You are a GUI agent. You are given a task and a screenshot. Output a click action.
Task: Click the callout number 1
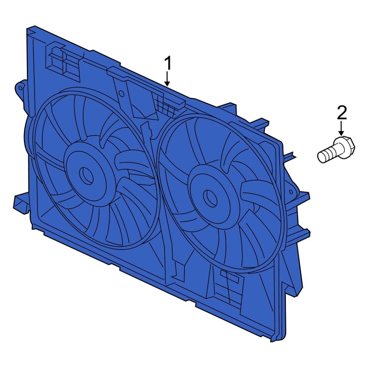[167, 64]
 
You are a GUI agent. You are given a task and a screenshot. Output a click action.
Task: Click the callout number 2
[342, 113]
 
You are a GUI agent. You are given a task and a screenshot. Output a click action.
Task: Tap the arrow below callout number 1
[167, 79]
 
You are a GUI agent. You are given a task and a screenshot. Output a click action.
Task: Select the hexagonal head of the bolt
[345, 146]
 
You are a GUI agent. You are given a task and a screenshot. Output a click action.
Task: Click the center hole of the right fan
[210, 198]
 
